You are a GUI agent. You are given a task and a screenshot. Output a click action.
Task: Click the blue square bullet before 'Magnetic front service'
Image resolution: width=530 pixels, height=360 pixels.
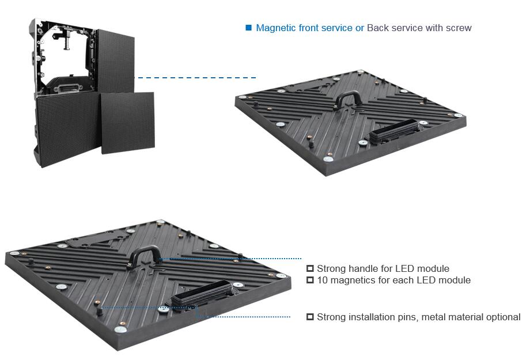point(249,28)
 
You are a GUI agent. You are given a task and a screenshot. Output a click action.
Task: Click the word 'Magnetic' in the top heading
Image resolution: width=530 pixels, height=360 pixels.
point(275,28)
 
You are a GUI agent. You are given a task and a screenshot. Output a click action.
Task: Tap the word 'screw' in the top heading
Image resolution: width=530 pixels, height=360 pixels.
point(459,28)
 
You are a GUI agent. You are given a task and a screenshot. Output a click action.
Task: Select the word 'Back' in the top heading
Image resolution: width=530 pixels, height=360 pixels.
point(377,28)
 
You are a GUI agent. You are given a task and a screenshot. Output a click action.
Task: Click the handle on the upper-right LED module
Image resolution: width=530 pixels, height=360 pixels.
point(349,97)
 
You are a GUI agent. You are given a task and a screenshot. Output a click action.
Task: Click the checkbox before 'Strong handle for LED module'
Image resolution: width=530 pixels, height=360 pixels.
point(310,268)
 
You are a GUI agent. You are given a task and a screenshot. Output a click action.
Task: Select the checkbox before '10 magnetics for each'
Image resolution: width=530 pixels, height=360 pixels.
point(310,280)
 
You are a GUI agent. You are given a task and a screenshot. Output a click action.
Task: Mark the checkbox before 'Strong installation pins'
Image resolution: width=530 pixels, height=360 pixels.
point(310,317)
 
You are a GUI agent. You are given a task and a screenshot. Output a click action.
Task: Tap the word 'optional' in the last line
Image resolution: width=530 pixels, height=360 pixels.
point(502,317)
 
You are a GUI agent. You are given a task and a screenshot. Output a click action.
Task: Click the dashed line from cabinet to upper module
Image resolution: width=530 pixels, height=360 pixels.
point(196,77)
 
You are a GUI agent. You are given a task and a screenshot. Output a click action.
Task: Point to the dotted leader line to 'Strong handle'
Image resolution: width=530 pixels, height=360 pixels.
point(230,259)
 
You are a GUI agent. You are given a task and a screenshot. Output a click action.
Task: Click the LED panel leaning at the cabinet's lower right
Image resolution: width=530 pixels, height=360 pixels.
point(128,123)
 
